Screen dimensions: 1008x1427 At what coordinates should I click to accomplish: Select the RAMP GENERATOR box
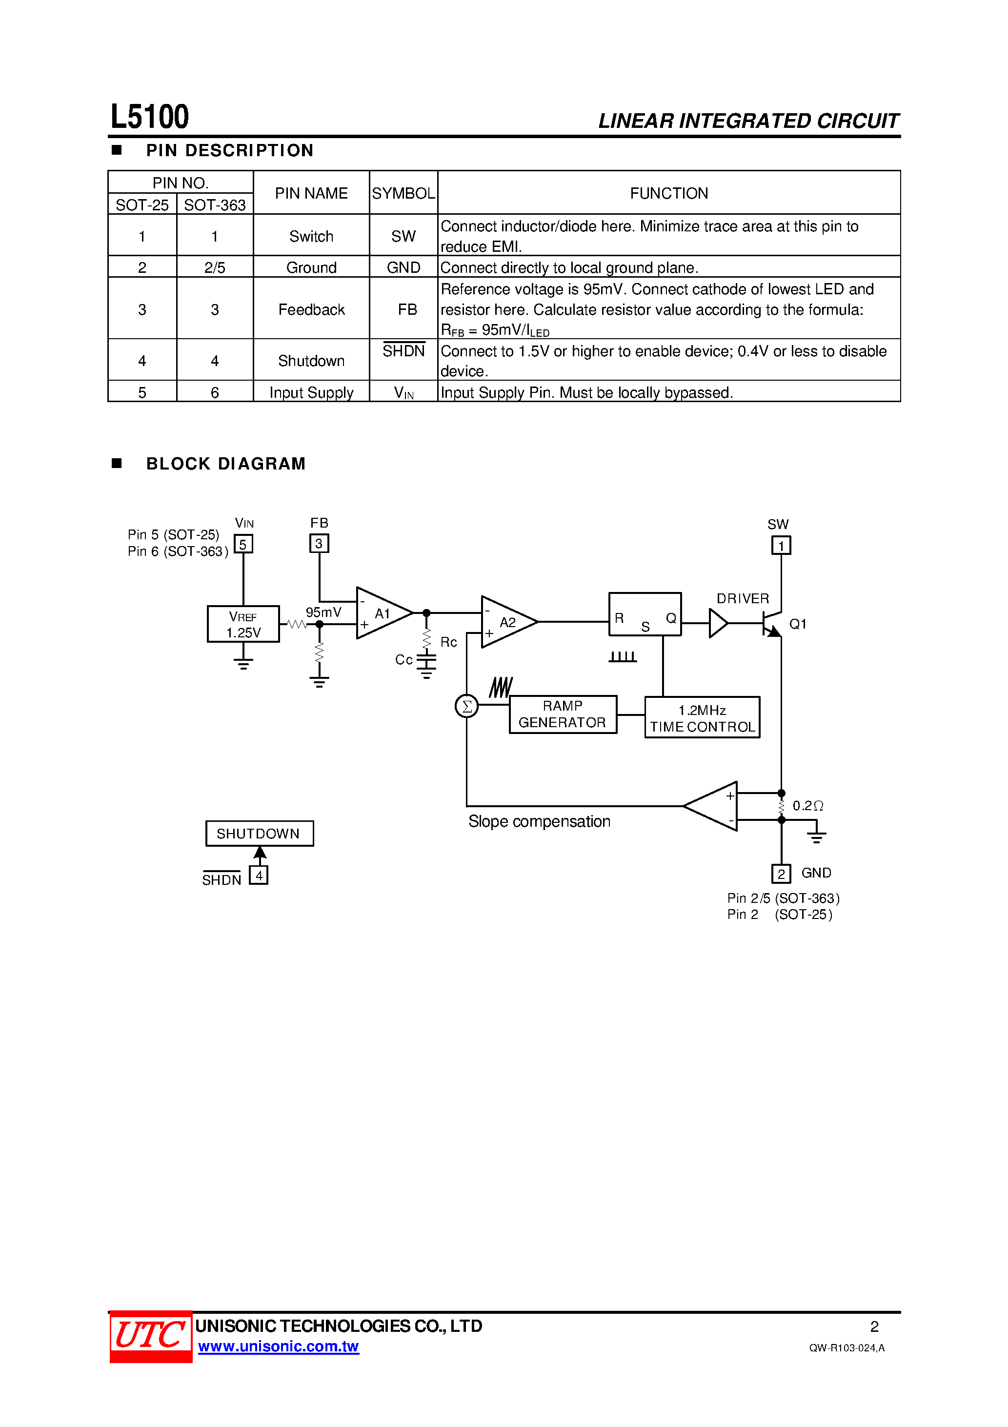563,714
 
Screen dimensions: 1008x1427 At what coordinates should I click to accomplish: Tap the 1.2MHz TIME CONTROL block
702,717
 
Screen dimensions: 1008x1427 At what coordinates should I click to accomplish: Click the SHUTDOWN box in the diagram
259,833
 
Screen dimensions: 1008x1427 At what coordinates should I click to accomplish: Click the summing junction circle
467,706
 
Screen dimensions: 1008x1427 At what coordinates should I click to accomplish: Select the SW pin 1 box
781,545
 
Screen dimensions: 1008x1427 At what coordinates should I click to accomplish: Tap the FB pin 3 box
319,543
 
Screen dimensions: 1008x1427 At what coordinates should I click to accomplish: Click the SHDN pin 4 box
259,875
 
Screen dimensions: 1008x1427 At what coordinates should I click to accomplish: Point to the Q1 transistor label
797,624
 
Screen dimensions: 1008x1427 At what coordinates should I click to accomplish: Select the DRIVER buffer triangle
718,623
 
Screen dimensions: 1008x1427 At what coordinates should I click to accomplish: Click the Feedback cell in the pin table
311,309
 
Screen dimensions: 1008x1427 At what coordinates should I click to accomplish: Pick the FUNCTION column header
669,193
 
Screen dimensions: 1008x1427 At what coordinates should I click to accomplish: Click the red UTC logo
151,1336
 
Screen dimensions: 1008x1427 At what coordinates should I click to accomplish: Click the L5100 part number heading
150,117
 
